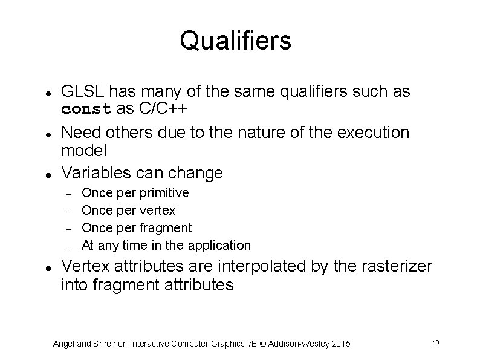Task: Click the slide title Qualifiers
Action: click(x=235, y=41)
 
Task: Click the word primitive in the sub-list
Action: click(x=164, y=193)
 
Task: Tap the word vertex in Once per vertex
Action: click(x=157, y=211)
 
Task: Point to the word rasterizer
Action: click(x=394, y=266)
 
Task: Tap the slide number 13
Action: click(x=435, y=342)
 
